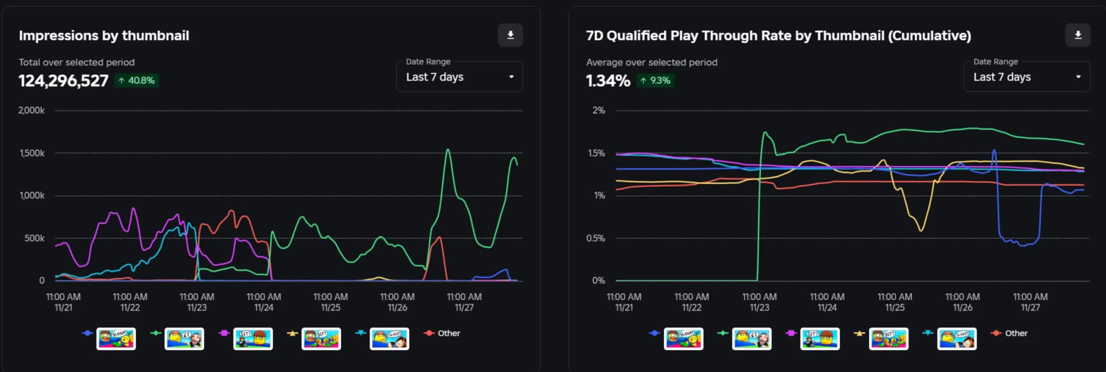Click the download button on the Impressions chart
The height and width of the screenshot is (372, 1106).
pos(510,36)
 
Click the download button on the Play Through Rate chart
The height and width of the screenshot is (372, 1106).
pos(1077,36)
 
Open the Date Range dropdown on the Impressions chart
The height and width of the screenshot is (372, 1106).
pos(459,77)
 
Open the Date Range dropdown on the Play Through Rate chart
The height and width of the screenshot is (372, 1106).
pos(1027,77)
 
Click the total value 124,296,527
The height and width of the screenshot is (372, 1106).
pos(64,81)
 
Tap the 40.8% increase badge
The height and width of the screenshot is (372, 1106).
pos(137,80)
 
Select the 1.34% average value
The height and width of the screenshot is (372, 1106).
pos(608,81)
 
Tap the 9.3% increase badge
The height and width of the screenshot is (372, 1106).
pos(655,80)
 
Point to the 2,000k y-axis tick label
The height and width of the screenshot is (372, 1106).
pos(31,111)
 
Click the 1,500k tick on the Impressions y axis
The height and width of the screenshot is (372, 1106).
pos(32,153)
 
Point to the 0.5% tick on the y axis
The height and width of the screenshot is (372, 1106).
pos(596,238)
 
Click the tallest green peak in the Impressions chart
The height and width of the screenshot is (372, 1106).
pos(448,150)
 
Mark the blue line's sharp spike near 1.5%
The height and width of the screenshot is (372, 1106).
pos(994,151)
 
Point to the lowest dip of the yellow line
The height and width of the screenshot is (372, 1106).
pos(921,231)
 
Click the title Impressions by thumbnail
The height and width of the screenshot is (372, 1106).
pos(104,36)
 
